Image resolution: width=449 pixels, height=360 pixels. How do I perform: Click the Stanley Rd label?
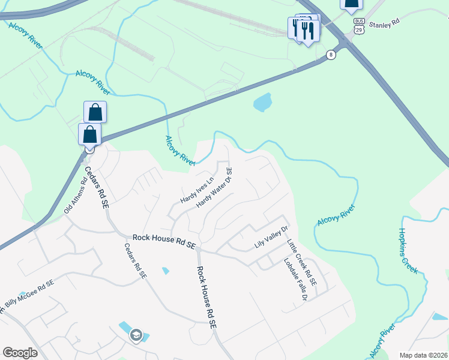pyautogui.click(x=384, y=25)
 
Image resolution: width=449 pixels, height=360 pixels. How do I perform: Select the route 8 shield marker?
pyautogui.click(x=331, y=55)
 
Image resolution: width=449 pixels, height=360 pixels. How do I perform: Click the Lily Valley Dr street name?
pyautogui.click(x=272, y=244)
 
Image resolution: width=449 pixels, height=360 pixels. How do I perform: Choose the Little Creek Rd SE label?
pyautogui.click(x=301, y=262)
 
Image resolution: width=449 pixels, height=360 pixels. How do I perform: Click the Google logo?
pyautogui.click(x=20, y=352)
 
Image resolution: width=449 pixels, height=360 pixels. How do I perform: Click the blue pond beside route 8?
pyautogui.click(x=263, y=103)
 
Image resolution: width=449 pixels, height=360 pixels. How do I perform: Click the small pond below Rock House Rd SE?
pyautogui.click(x=166, y=271)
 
